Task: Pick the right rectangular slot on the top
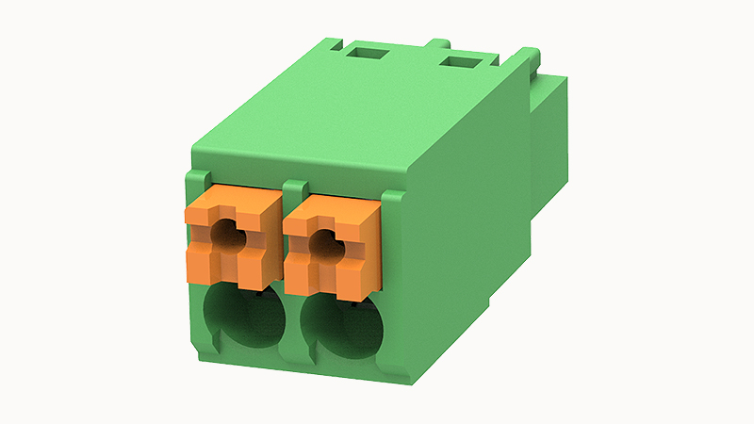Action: (x=462, y=63)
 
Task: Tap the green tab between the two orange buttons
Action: (x=293, y=189)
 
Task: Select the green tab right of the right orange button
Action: (x=392, y=203)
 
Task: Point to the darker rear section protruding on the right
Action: (x=551, y=141)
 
